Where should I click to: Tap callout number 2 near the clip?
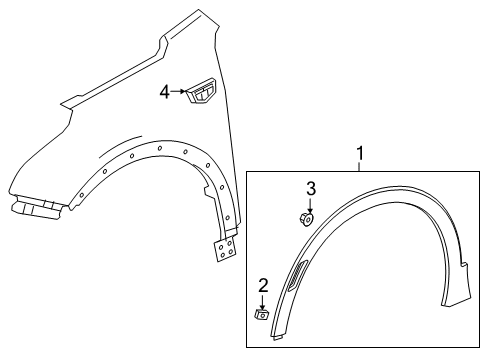pos(263,286)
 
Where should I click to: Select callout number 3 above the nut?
pos(310,189)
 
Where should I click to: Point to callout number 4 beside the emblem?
pos(165,92)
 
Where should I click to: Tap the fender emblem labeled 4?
pos(203,93)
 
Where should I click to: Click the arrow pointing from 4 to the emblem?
pos(181,92)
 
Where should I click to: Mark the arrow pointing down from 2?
pos(262,300)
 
